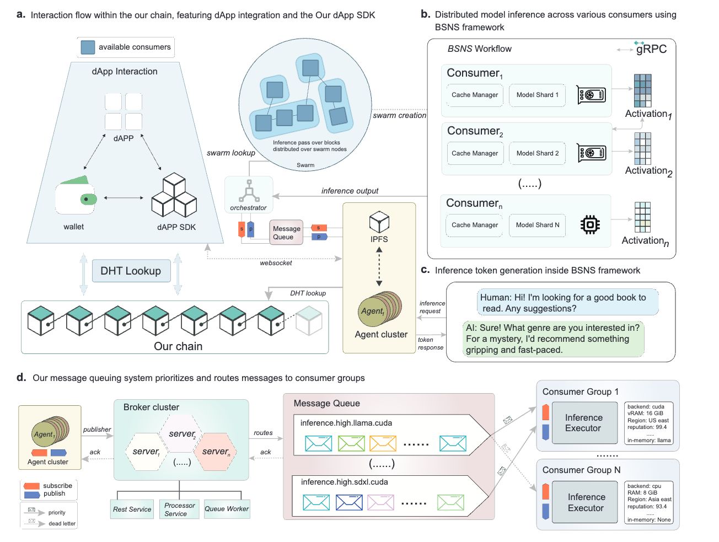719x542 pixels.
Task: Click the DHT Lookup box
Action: tap(131, 271)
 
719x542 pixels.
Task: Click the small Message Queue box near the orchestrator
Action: tap(286, 232)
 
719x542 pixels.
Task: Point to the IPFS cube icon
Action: tap(379, 222)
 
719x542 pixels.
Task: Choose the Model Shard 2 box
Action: tap(537, 153)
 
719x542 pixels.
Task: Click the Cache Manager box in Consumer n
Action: tap(474, 225)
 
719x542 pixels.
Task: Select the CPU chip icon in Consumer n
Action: tap(590, 224)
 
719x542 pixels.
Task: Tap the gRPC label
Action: tap(651, 49)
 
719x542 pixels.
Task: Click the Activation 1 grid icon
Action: tap(642, 90)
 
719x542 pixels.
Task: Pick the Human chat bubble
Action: tap(567, 302)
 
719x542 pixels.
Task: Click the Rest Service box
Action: tap(132, 509)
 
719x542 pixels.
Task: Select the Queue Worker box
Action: tap(227, 508)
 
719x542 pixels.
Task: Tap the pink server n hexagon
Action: tap(215, 452)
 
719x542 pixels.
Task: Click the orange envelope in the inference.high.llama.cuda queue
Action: tap(383, 443)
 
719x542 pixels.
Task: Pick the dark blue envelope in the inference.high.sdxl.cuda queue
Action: tap(349, 502)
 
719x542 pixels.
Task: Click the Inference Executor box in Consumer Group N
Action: tap(584, 502)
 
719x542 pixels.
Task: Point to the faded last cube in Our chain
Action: tap(309, 320)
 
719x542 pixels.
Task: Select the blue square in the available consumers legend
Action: tap(88, 47)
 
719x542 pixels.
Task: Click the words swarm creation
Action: tap(399, 115)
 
